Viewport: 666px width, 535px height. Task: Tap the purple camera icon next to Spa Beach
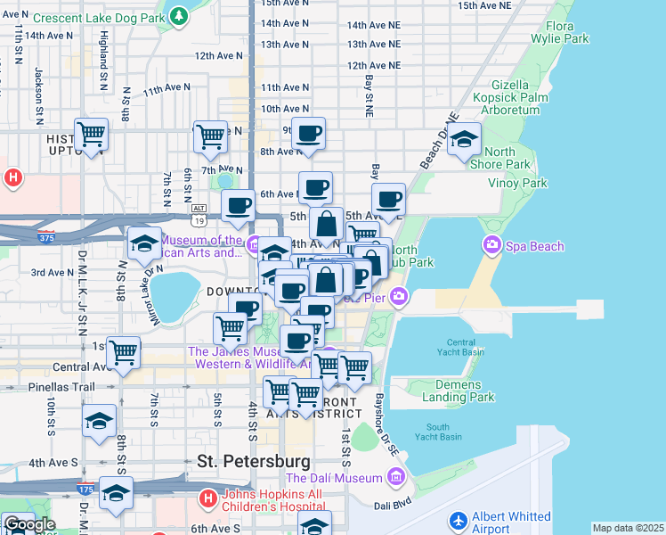(491, 243)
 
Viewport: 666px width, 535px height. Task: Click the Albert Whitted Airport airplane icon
(459, 520)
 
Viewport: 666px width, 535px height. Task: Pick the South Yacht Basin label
(443, 431)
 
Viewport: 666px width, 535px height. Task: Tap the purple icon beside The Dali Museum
(395, 479)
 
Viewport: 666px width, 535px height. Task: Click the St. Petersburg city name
(254, 462)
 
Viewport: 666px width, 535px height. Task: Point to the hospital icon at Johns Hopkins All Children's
(207, 498)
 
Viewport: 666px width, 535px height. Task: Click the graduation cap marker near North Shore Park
(464, 139)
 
